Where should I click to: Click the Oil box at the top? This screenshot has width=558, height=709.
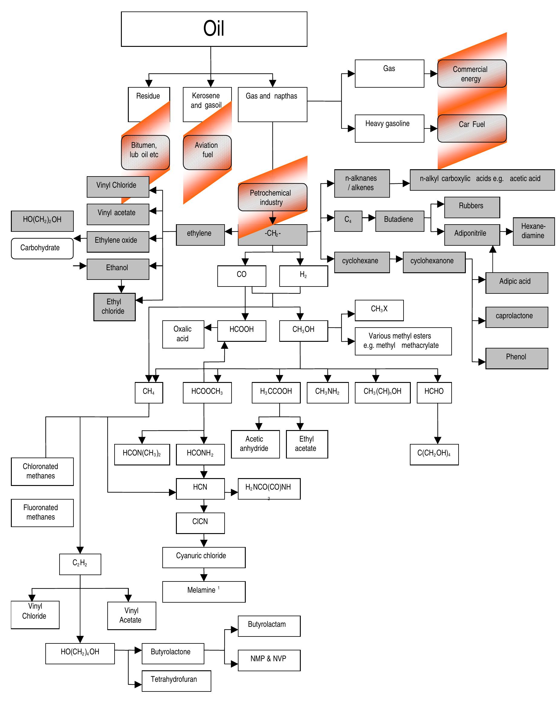point(214,29)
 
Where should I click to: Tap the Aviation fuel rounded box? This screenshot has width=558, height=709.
point(207,152)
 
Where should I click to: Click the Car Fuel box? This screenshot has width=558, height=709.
point(472,128)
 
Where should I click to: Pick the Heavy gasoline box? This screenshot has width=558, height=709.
point(389,128)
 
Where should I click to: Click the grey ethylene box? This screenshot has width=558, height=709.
point(200,235)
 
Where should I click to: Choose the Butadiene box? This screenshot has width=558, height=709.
point(399,221)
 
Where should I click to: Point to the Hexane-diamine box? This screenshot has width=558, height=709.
point(533,231)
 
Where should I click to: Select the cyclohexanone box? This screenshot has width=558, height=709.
point(433,262)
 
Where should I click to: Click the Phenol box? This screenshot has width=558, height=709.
point(516,358)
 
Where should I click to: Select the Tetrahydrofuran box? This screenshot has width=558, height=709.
point(176,681)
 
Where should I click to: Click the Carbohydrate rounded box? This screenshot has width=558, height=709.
point(42,248)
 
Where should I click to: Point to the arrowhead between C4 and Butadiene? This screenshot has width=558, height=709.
point(371,218)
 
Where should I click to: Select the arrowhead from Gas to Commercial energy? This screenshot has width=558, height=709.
point(433,73)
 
